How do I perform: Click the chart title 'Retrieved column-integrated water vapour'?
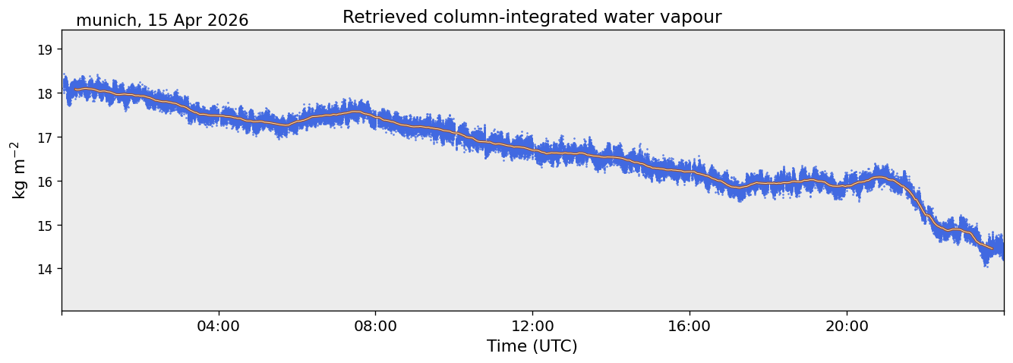pos(532,17)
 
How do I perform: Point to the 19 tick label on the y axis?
pos(45,49)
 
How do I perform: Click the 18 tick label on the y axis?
pos(45,93)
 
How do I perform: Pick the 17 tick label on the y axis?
pos(45,137)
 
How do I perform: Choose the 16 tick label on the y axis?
pos(45,181)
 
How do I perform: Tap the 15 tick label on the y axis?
pos(45,225)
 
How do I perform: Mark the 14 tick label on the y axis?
pos(45,269)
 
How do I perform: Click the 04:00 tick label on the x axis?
pos(219,326)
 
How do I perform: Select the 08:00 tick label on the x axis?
pos(375,326)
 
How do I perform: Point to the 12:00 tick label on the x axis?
pos(532,326)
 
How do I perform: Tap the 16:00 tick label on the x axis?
pos(690,326)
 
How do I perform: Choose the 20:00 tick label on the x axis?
pos(847,326)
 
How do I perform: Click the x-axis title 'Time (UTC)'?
pos(532,346)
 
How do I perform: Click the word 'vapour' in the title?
pos(692,18)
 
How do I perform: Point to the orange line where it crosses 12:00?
pos(532,150)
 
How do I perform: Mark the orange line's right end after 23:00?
pos(992,248)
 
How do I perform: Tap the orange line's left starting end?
pos(75,90)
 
